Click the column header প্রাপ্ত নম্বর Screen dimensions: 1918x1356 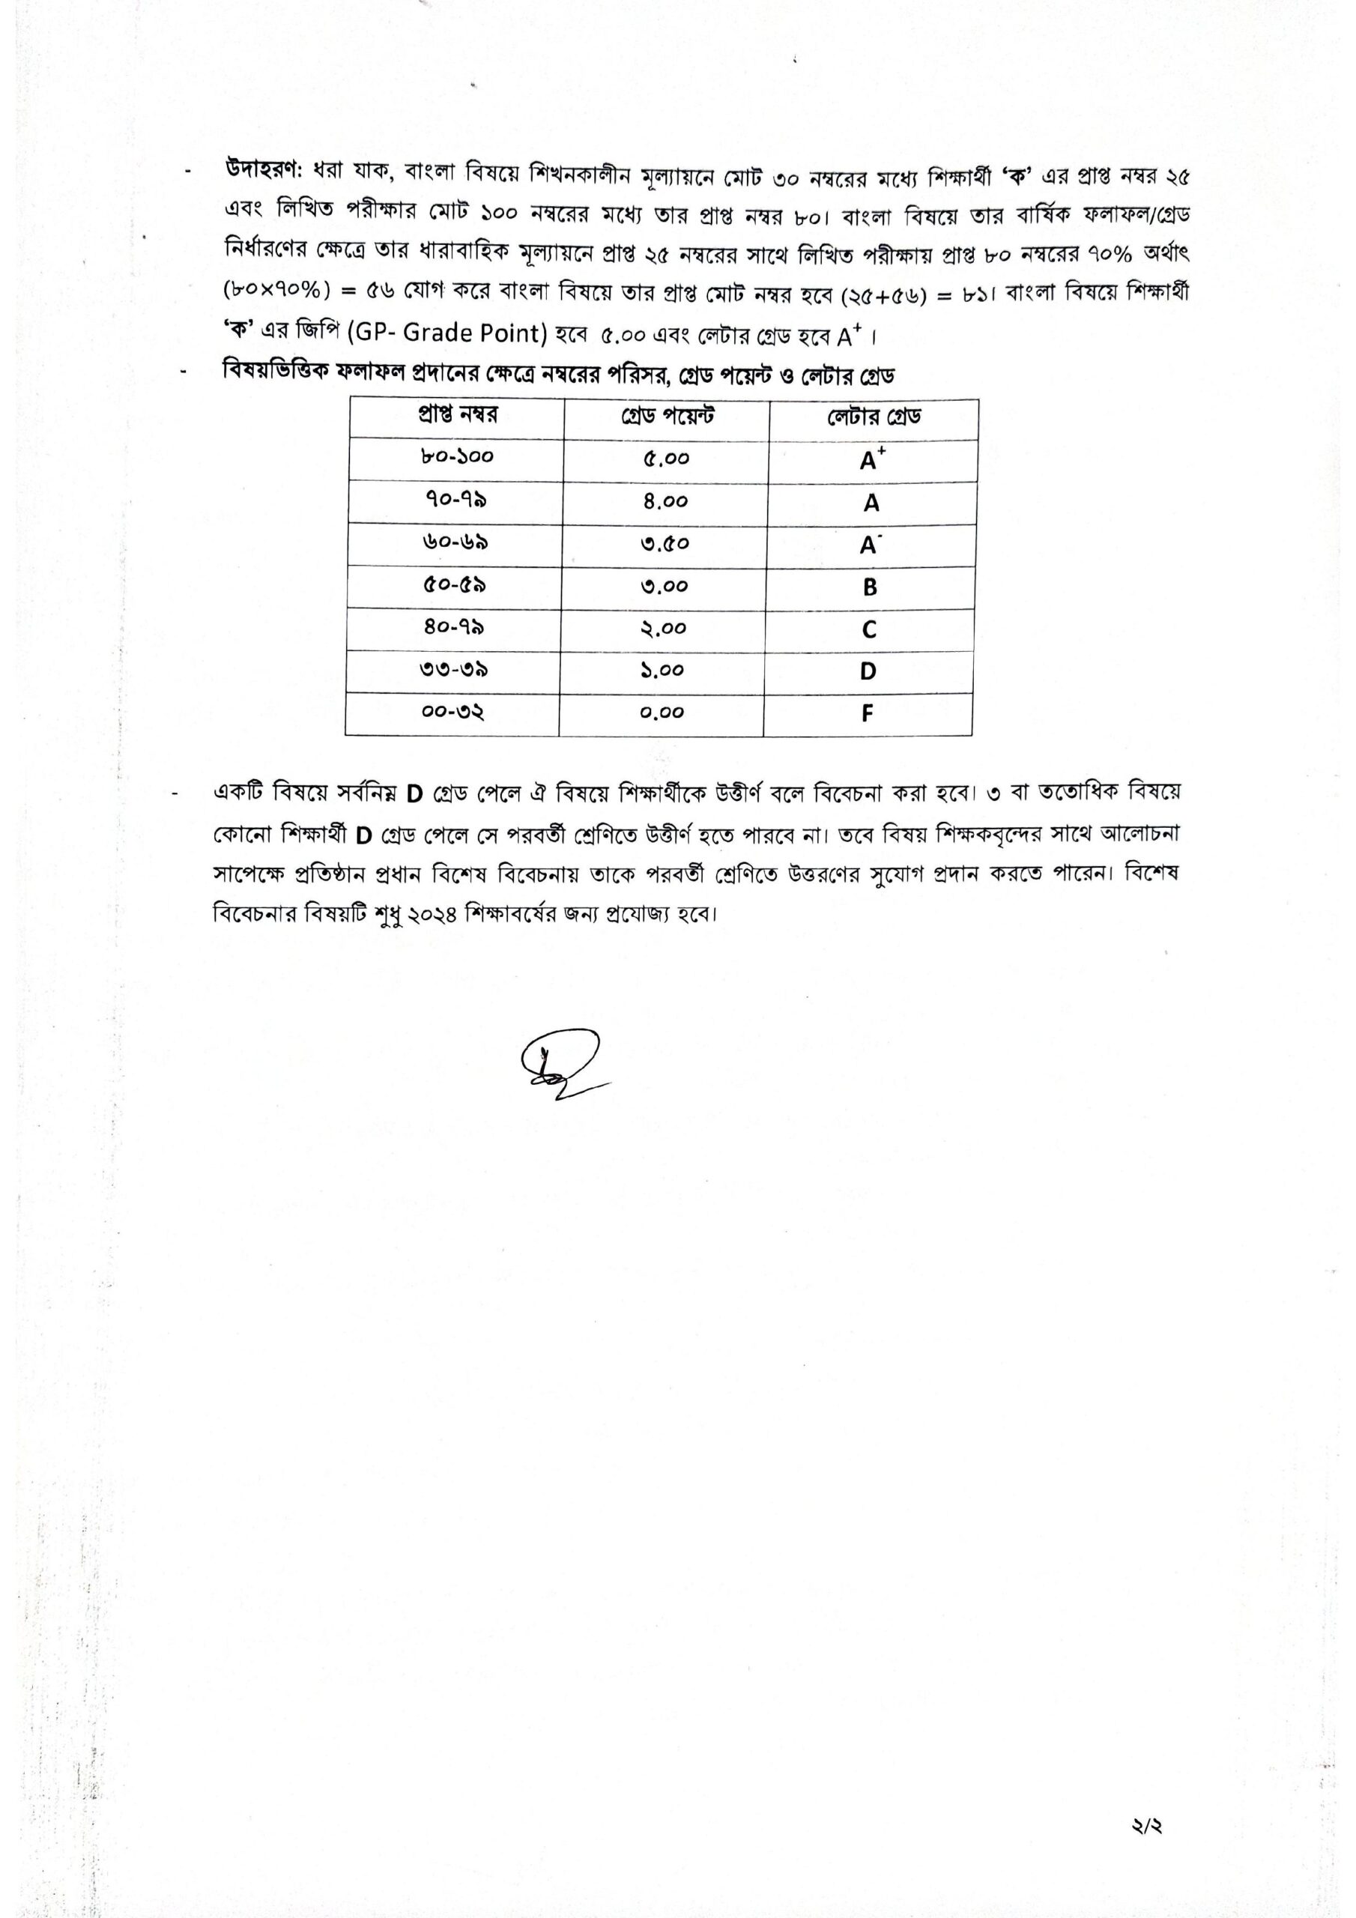pos(457,415)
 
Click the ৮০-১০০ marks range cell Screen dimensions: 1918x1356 pos(457,457)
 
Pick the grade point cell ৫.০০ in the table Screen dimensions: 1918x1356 pos(666,459)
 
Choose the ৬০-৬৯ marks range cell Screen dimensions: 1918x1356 pos(455,542)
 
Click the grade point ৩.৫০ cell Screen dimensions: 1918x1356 pos(665,544)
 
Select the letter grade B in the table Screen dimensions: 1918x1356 pos(870,587)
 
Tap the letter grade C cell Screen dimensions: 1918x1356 pos(869,629)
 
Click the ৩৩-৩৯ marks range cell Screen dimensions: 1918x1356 pos(454,670)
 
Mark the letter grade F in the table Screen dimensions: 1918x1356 pos(868,713)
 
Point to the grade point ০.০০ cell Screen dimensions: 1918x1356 pos(662,713)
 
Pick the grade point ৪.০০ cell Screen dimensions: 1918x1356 pos(666,501)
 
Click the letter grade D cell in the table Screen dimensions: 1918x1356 pos(868,671)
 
